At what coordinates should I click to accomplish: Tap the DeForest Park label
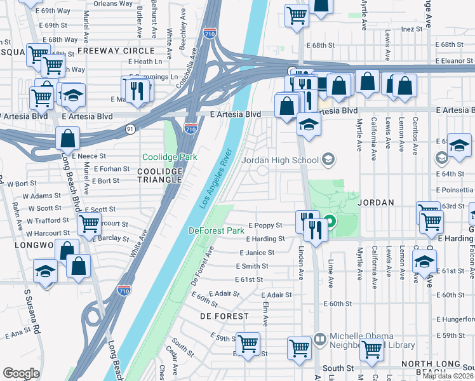pos(217,231)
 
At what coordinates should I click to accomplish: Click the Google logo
pos(21,373)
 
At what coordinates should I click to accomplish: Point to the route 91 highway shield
pos(130,129)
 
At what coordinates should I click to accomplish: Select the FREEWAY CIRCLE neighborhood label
pos(116,51)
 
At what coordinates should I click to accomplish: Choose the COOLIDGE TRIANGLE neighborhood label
pos(161,176)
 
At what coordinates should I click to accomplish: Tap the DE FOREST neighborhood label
pos(224,316)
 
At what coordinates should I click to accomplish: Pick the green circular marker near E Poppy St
pos(330,222)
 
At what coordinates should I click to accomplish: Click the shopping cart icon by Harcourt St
pos(89,223)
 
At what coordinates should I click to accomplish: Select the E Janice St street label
pos(257,253)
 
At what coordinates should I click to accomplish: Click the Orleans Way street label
pos(114,3)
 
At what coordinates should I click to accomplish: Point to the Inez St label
pos(412,29)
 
